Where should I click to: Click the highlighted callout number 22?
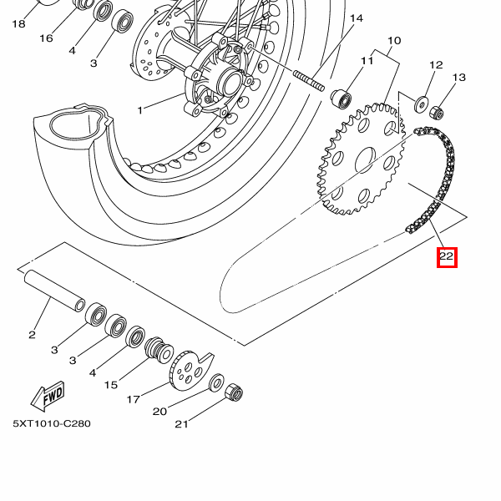447,256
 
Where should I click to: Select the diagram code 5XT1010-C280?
52,423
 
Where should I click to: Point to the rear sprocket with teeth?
361,159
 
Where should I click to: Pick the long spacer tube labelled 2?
55,288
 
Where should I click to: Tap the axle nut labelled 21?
235,393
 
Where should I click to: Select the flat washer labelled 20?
215,384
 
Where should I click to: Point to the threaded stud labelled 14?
310,81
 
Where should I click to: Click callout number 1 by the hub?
140,109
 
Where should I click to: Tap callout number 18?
18,24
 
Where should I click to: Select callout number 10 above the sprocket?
394,41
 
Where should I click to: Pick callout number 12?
436,64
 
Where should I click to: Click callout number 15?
111,385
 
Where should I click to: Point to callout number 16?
46,38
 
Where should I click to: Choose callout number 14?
357,18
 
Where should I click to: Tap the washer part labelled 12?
422,104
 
